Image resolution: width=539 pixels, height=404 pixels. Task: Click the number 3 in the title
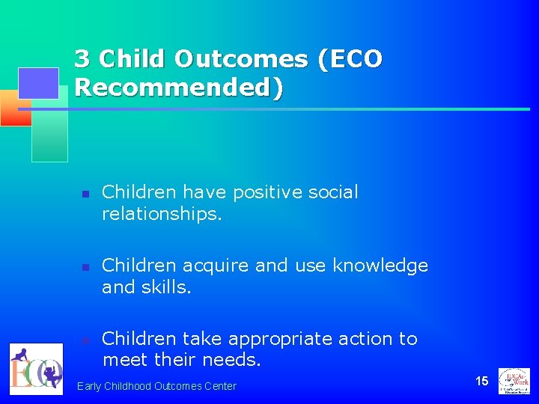coord(83,58)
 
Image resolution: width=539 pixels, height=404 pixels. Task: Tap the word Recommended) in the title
coord(180,88)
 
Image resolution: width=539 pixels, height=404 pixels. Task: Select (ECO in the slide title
coord(350,58)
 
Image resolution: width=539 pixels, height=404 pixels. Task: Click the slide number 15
coord(481,381)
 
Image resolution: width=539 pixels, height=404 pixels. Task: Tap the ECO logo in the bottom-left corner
coord(36,369)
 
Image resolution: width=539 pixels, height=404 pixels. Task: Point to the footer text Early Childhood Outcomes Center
coord(156,386)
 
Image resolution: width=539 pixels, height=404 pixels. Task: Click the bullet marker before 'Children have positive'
coord(85,194)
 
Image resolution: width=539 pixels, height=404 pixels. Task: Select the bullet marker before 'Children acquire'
coord(85,267)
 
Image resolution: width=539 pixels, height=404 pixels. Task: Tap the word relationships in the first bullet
coord(161,214)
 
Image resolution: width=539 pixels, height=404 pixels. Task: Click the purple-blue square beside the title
coord(38,83)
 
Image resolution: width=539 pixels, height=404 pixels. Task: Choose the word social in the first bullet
coord(334,192)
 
